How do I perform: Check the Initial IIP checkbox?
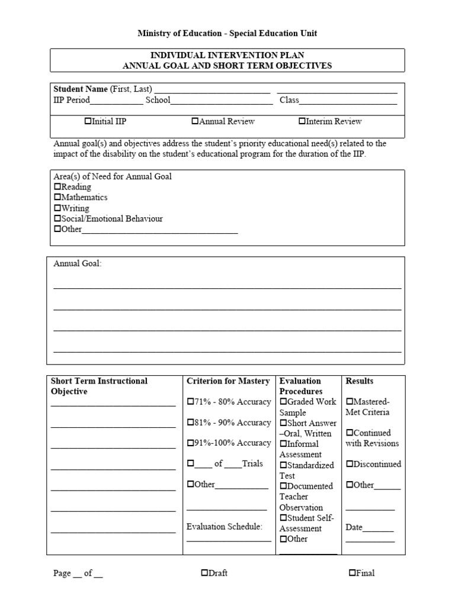(88, 121)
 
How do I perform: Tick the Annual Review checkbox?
(195, 121)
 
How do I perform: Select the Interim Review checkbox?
(302, 121)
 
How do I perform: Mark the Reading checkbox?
(57, 187)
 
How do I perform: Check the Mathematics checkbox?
(57, 198)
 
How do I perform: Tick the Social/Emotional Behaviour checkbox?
(57, 219)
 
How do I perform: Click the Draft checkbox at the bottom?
(204, 573)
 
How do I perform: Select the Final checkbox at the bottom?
(352, 573)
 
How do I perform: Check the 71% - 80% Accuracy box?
(190, 402)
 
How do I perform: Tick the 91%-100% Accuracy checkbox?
(190, 443)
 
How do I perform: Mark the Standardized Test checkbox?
(283, 465)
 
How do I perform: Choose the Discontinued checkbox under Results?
(349, 465)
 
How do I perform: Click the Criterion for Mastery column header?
(228, 381)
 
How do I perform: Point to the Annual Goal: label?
(78, 264)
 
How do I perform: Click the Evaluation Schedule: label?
(224, 527)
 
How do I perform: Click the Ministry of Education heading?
(227, 34)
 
